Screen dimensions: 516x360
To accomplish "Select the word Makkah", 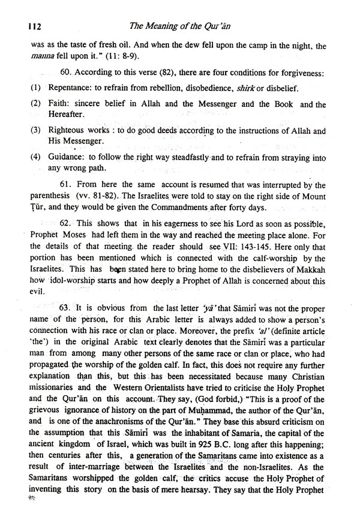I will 309,268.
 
